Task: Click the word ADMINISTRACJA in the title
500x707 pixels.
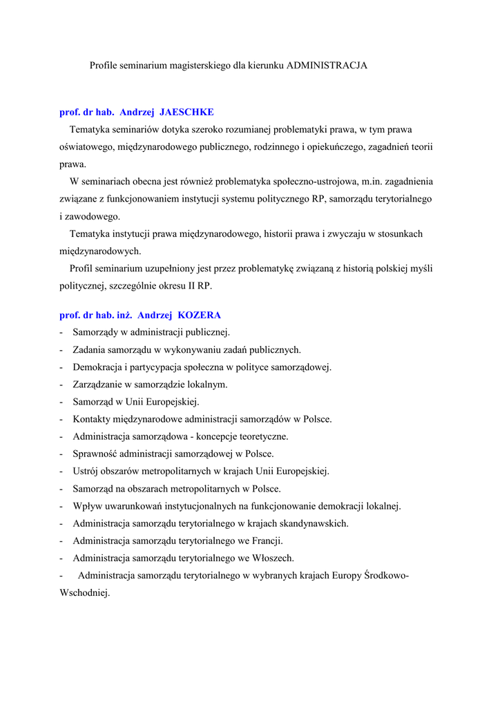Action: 327,66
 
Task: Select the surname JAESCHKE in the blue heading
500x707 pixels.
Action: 186,112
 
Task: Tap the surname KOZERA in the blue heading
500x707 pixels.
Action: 199,315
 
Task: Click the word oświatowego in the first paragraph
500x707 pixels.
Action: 86,146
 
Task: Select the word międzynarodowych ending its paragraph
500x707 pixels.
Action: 100,251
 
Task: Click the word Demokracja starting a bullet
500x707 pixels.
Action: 98,367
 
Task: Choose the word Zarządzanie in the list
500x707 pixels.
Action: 98,384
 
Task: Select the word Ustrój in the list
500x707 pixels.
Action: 86,471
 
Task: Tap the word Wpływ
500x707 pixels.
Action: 88,506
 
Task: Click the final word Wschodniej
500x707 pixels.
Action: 84,592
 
